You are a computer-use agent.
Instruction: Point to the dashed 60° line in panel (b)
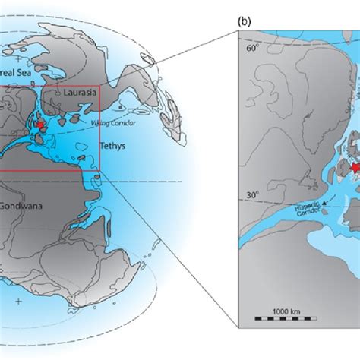click(304, 62)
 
